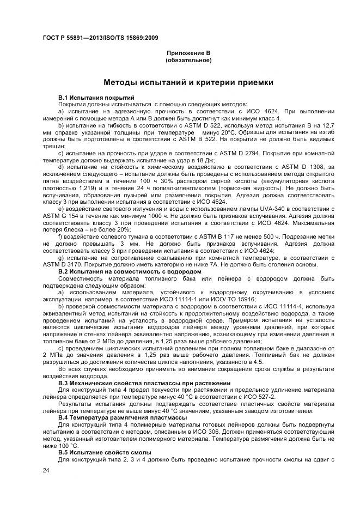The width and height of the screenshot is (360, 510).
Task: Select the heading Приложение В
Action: [188, 53]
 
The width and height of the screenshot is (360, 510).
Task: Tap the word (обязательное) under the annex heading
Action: [188, 59]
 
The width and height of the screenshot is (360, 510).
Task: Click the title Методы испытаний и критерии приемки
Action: [188, 83]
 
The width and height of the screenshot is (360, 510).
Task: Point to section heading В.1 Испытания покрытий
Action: [93, 97]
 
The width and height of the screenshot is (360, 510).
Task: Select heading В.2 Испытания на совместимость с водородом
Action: [130, 270]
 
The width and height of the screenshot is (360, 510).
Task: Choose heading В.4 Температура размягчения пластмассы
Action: [119, 417]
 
